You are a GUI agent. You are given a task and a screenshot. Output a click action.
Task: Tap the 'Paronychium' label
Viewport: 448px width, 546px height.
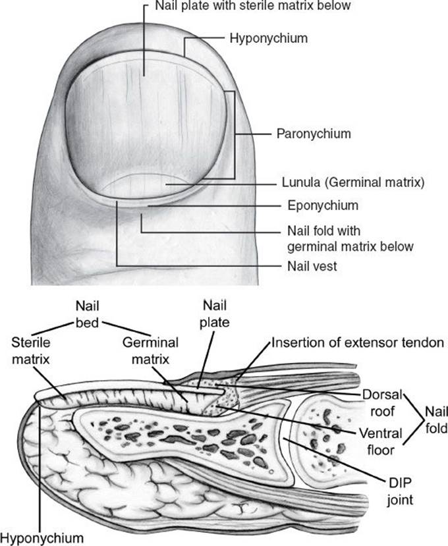tap(313, 134)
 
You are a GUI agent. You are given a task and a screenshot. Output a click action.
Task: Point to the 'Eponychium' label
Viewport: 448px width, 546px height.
tap(323, 205)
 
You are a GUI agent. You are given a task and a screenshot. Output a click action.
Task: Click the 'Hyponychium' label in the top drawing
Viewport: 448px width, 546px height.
tap(268, 38)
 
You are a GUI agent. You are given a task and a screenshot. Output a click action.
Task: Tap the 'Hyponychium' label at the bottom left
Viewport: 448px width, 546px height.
tap(42, 537)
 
